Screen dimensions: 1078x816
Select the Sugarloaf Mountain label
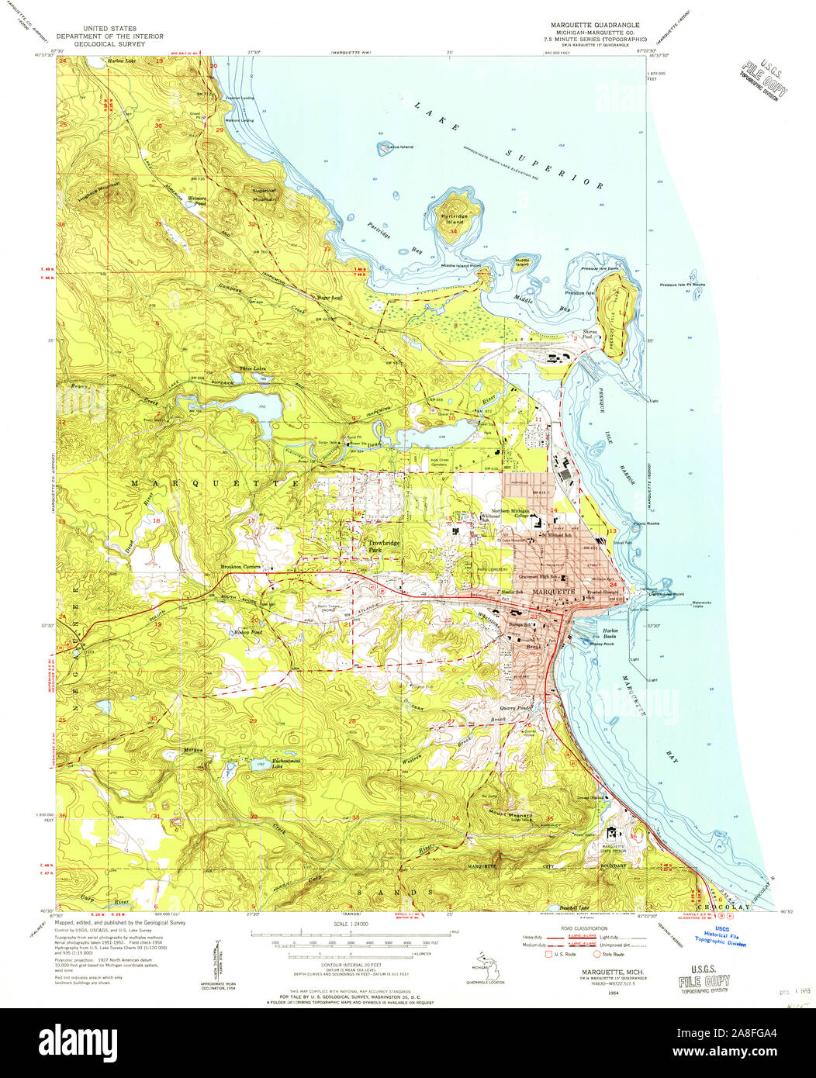click(265, 194)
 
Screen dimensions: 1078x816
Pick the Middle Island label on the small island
click(523, 262)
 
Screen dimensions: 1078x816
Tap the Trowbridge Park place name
click(384, 546)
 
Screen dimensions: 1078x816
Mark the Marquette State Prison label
click(618, 848)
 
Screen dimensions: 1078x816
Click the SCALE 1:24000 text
click(348, 923)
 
